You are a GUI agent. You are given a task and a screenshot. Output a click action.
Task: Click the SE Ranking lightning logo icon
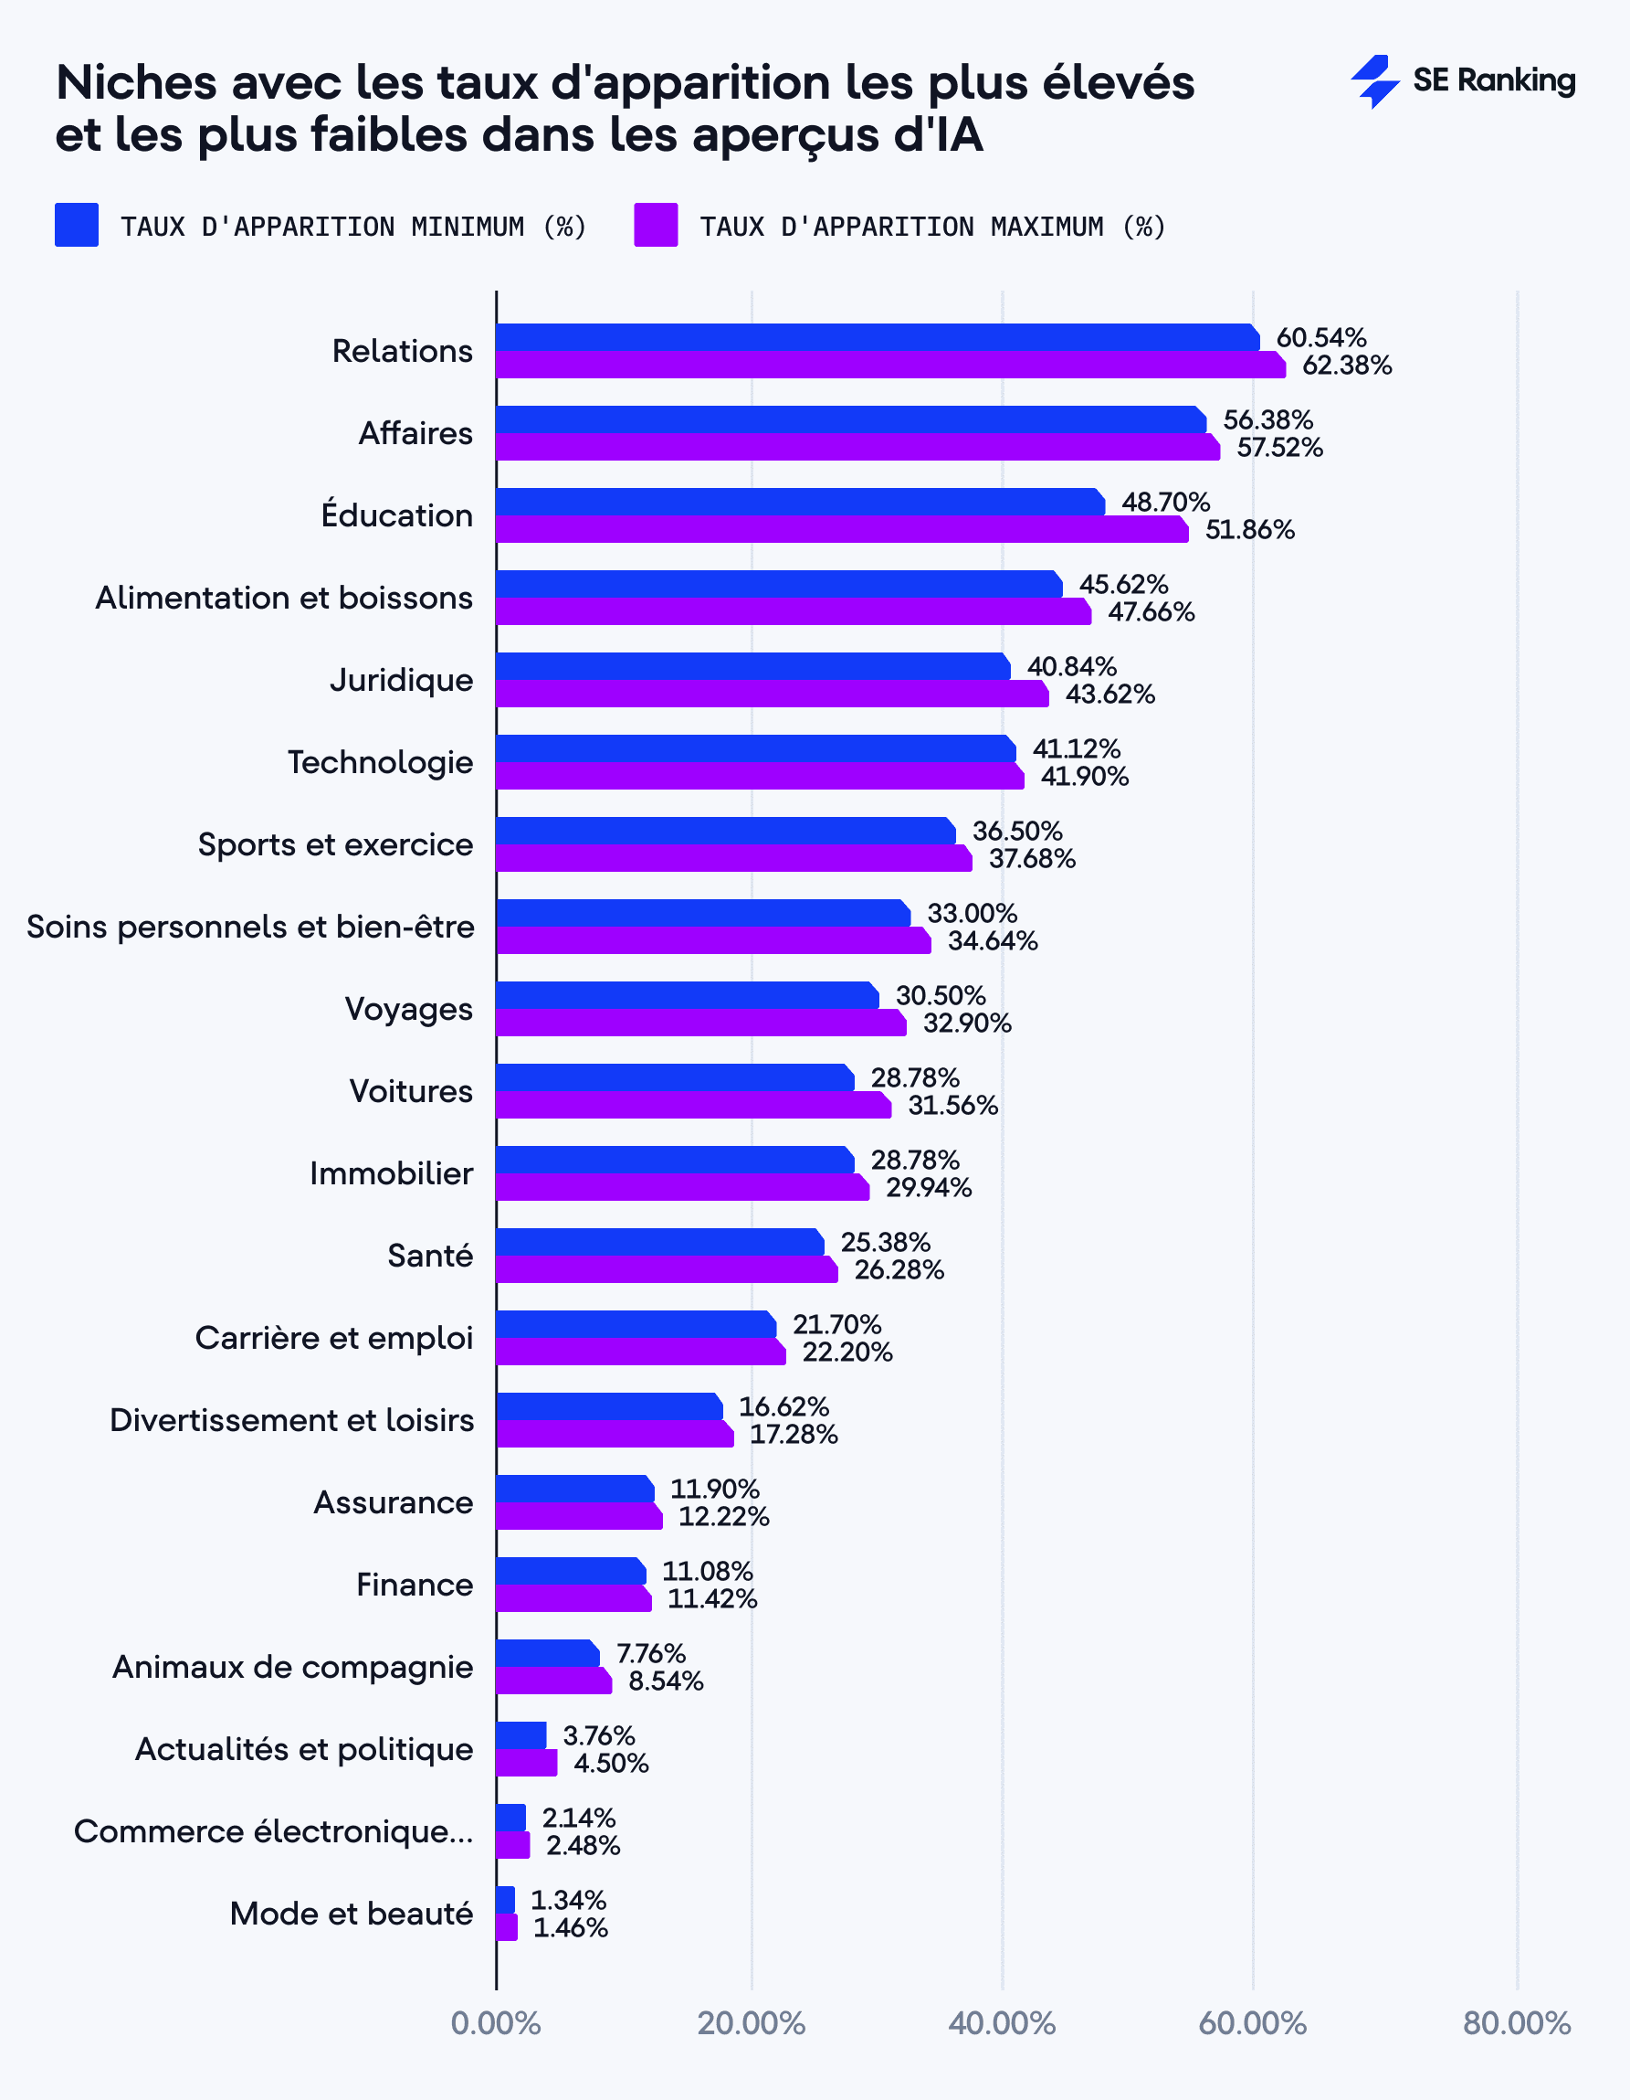tap(1374, 81)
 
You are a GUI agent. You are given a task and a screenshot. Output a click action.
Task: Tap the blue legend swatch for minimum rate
tap(77, 225)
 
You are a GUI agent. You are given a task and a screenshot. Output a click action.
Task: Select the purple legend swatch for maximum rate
tap(656, 225)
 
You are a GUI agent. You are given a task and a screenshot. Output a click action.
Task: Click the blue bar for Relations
tap(877, 337)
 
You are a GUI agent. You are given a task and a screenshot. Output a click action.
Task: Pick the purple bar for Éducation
tap(841, 530)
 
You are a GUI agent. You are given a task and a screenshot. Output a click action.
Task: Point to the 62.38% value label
tap(1347, 366)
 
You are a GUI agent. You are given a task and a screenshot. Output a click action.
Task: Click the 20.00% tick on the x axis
tap(752, 2023)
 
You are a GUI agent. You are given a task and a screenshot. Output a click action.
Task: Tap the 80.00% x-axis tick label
tap(1516, 2023)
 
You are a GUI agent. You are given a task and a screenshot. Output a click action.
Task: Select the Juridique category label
tap(402, 680)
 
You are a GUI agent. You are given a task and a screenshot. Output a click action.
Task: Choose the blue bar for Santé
tap(659, 1242)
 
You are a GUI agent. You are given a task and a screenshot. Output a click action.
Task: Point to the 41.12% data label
tap(1077, 749)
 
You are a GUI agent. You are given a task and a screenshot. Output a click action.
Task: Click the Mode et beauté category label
tap(351, 1914)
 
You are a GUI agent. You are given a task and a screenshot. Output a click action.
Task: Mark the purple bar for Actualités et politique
tap(527, 1764)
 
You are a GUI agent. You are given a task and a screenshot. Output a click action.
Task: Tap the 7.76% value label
tap(651, 1654)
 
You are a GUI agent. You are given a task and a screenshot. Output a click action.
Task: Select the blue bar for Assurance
tap(574, 1489)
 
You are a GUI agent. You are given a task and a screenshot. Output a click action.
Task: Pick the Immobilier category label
tap(391, 1173)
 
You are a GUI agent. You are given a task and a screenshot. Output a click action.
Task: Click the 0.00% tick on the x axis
tap(496, 2023)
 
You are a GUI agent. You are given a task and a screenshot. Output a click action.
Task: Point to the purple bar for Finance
tap(573, 1599)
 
